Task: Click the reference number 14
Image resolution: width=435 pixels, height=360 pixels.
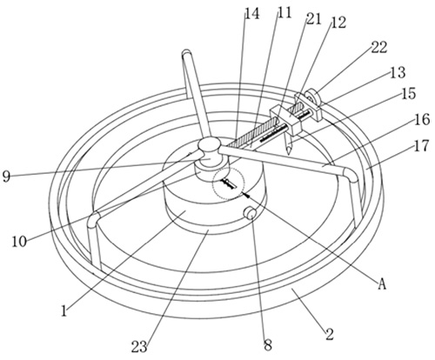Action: point(252,14)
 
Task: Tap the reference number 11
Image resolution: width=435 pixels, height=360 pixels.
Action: point(284,12)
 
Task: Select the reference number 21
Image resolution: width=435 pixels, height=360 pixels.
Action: point(313,19)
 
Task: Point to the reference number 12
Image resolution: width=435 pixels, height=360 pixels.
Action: point(338,23)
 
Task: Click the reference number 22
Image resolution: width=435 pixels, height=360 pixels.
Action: point(379,47)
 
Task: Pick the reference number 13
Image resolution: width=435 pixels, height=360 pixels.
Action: point(398,72)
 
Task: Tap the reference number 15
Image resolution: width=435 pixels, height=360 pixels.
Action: point(409,94)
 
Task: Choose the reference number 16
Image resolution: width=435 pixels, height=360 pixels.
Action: point(422,119)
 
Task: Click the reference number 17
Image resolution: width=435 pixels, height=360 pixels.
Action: point(421,146)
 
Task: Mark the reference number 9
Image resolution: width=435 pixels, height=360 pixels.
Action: point(6,177)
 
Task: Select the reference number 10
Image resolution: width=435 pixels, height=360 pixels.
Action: point(19,242)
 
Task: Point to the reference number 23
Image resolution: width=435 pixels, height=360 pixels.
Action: point(139,347)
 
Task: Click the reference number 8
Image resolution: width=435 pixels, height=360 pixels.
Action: point(268,345)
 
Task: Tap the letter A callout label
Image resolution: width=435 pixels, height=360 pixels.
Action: point(383,283)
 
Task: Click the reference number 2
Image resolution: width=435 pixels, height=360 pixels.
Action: point(330,334)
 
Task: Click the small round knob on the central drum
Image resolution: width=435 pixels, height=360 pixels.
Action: point(251,214)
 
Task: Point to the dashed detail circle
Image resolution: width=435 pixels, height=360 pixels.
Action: point(228,183)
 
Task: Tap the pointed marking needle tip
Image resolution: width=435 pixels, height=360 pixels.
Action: point(289,153)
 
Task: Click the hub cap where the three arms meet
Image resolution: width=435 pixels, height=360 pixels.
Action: point(209,144)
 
